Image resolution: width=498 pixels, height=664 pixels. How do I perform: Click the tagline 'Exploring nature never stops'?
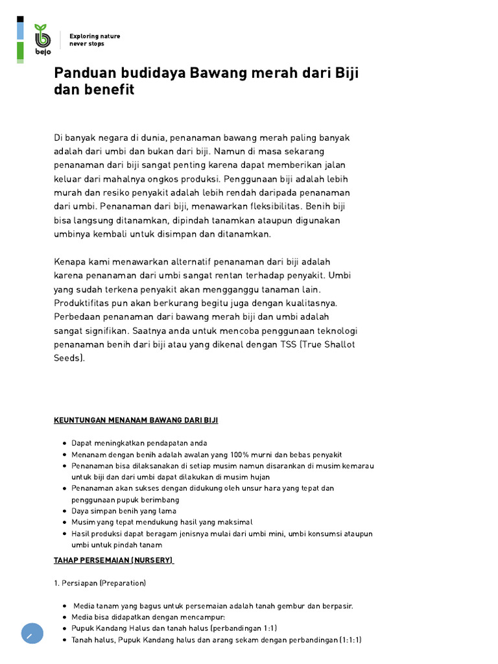pos(95,40)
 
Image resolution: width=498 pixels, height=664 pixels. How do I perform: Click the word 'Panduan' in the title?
pos(83,73)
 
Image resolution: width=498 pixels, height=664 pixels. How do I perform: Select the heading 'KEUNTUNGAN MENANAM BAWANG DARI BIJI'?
pos(136,420)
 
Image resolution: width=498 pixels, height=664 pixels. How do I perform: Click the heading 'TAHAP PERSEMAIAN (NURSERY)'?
pos(113,560)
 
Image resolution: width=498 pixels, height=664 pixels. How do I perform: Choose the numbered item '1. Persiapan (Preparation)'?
pos(100,582)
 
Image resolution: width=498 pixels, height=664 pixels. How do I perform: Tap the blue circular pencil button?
pos(32,634)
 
